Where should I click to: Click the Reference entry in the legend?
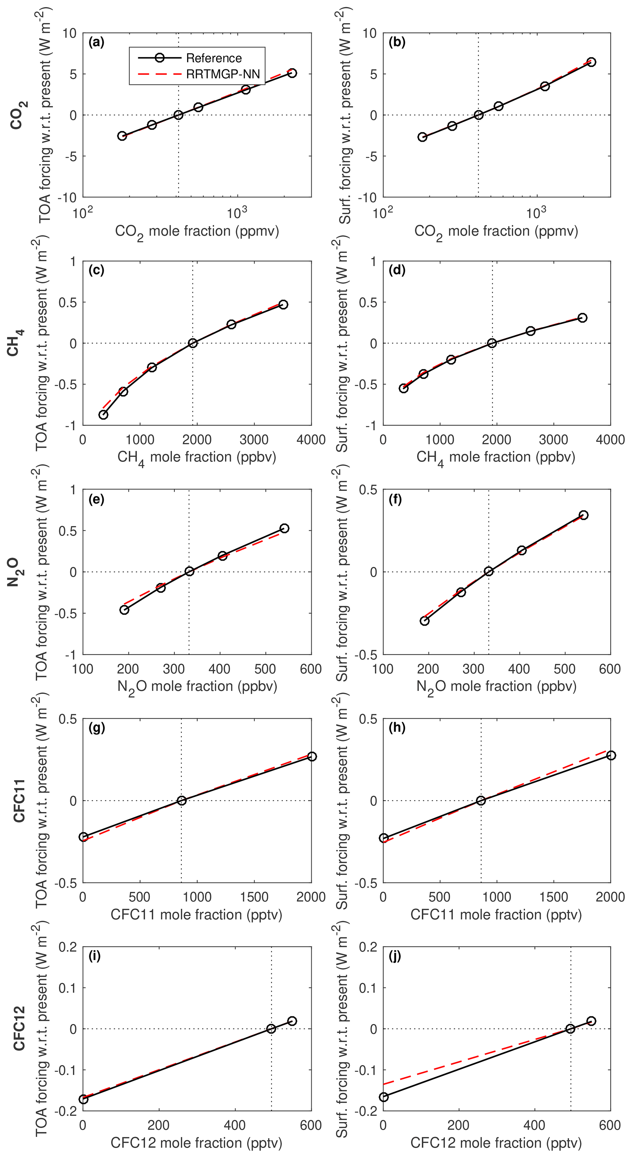tap(213, 58)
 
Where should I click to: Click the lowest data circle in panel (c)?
tap(103, 414)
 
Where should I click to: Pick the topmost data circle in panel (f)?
tap(583, 515)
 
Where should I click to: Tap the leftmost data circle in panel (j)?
tap(383, 1097)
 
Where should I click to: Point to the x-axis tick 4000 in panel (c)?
tap(311, 440)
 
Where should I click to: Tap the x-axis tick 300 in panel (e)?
tap(173, 668)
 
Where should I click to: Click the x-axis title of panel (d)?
tap(496, 457)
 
